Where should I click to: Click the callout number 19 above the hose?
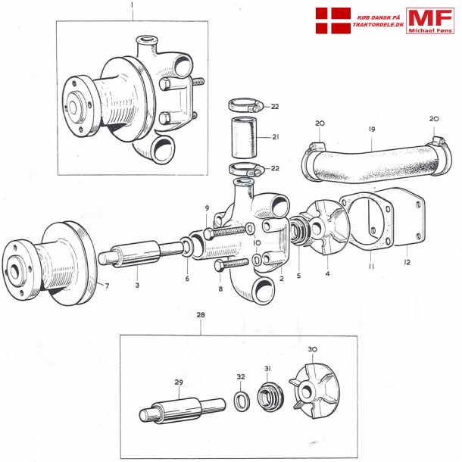pyautogui.click(x=372, y=130)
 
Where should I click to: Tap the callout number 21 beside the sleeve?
pyautogui.click(x=275, y=137)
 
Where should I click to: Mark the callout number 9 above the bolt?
pyautogui.click(x=205, y=208)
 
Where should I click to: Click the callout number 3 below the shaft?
pyautogui.click(x=137, y=286)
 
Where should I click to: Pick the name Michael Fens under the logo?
pyautogui.click(x=429, y=30)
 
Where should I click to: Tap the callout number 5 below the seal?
pyautogui.click(x=298, y=276)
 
